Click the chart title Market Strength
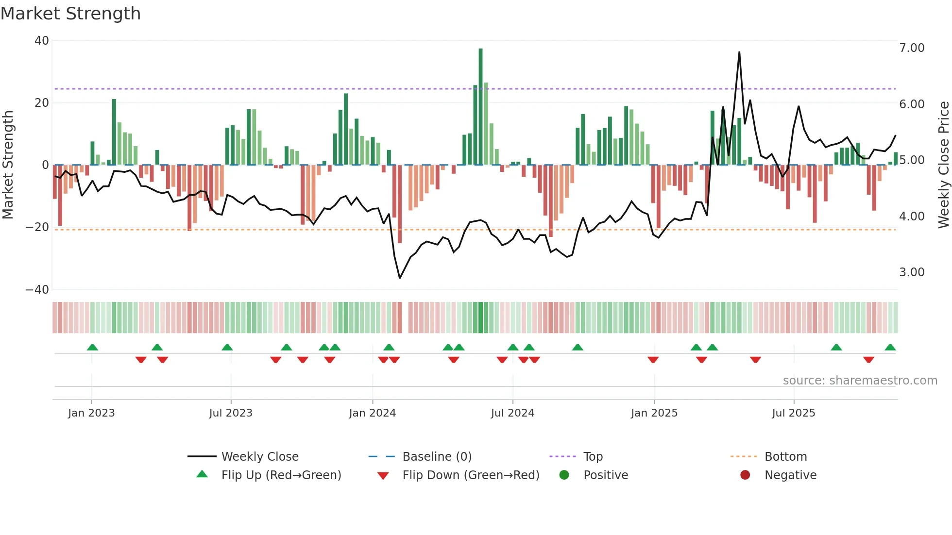pyautogui.click(x=70, y=14)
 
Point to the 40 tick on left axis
pyautogui.click(x=42, y=41)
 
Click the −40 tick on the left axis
pyautogui.click(x=37, y=290)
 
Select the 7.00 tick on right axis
pyautogui.click(x=911, y=48)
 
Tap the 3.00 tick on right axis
pyautogui.click(x=911, y=272)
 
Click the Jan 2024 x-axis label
pyautogui.click(x=372, y=413)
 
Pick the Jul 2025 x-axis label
pyautogui.click(x=793, y=413)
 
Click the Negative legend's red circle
pyautogui.click(x=745, y=475)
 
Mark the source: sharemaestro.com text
pyautogui.click(x=860, y=381)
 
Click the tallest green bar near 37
pyautogui.click(x=480, y=107)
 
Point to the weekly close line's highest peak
pyautogui.click(x=739, y=52)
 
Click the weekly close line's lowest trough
pyautogui.click(x=400, y=278)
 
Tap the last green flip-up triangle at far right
pyautogui.click(x=890, y=348)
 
